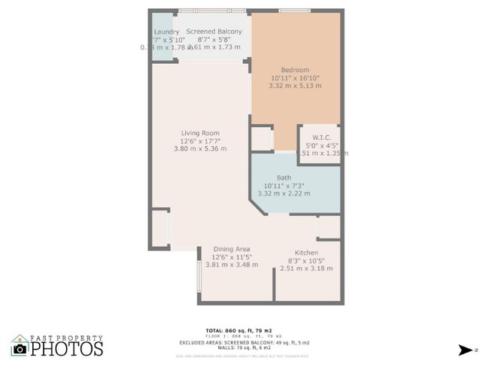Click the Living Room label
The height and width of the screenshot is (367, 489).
pos(199,133)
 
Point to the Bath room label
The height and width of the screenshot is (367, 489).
pos(284,178)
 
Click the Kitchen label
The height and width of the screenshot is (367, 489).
pos(306,252)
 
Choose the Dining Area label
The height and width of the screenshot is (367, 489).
pos(232,249)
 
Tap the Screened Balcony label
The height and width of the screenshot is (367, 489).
pos(214,31)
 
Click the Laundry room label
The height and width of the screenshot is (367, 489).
pos(166,31)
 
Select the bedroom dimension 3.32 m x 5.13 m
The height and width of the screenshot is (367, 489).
pos(295,86)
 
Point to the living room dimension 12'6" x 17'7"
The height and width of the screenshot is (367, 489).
pos(199,141)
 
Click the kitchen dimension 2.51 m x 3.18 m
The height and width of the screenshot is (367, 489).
pos(306,268)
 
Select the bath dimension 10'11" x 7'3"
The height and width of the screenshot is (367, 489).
pos(284,186)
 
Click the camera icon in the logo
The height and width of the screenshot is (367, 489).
pos(20,349)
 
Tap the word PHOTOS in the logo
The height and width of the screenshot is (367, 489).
pos(68,349)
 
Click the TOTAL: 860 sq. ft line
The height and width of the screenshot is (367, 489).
pos(244,331)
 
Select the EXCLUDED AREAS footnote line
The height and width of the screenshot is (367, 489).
pos(244,341)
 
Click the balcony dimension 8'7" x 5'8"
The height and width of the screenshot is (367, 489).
pos(214,39)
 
